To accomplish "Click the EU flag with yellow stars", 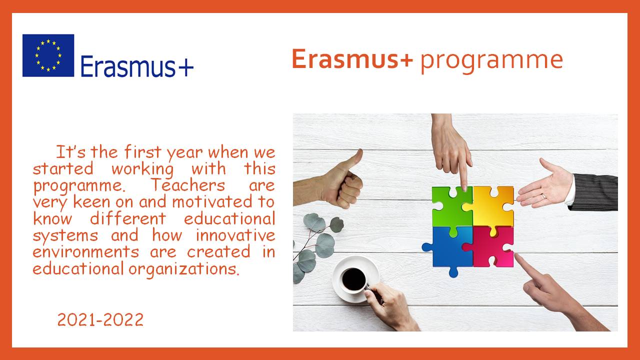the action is (x=48, y=55).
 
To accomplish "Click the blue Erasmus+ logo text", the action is (x=137, y=66).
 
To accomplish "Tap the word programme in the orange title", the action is (x=491, y=61).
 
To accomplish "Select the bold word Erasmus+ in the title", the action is (x=352, y=59).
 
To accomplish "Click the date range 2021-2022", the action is (x=100, y=319).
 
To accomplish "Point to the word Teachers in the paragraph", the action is (x=188, y=185).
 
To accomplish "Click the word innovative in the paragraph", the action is (x=235, y=235).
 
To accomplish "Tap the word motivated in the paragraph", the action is (x=212, y=201).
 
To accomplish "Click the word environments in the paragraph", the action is (x=85, y=251).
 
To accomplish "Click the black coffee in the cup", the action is (x=353, y=279).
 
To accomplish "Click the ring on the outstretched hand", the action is (x=543, y=196).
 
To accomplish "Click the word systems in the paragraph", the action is (x=65, y=235).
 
